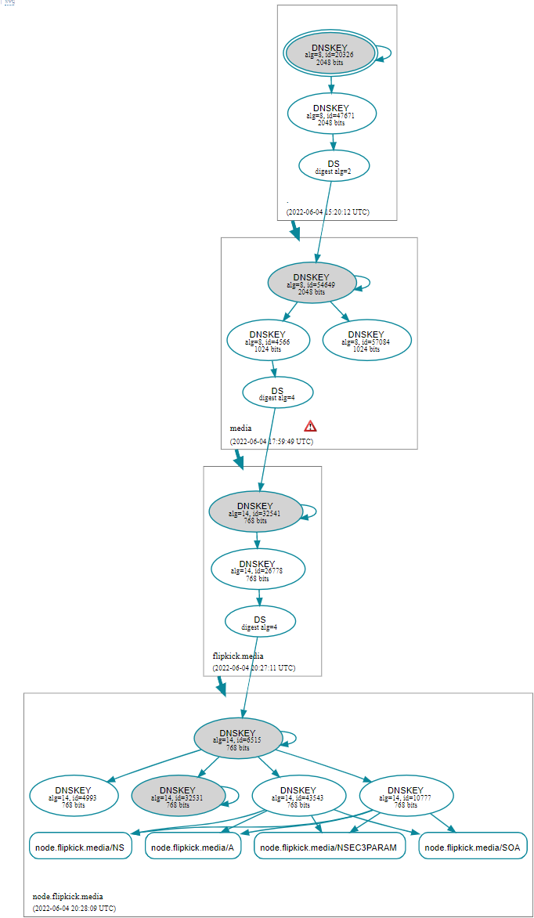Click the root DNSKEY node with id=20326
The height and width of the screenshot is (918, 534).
pos(329,54)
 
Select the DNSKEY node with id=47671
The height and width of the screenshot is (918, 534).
pos(331,114)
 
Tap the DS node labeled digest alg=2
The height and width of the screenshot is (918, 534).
pos(334,166)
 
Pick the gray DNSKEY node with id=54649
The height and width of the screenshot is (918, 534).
pos(312,283)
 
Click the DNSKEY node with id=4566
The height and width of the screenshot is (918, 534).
pos(268,340)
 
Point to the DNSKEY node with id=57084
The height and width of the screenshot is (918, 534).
pos(366,340)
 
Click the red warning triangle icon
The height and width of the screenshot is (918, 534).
pos(311,426)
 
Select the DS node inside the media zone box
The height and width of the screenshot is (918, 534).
pos(277,393)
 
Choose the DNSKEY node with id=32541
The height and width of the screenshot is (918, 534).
pos(255,511)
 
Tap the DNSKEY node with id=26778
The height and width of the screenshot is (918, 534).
pos(258,569)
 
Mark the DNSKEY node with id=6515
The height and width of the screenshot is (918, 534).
pos(237,739)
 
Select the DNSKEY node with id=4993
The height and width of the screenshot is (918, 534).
pos(74,796)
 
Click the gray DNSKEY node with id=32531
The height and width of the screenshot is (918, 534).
pos(177,796)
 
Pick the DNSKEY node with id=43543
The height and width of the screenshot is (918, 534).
pos(298,796)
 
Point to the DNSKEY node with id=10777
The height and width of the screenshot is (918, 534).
pos(406,796)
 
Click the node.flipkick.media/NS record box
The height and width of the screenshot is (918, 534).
pos(80,847)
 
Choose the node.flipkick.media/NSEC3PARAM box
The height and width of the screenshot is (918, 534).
pos(329,847)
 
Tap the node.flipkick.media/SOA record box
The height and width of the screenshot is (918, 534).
pos(473,847)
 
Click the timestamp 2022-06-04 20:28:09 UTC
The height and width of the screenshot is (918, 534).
pos(74,908)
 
